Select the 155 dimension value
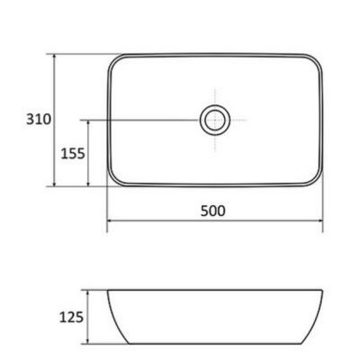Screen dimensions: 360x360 (x=72, y=153)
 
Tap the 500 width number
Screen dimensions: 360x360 (x=213, y=211)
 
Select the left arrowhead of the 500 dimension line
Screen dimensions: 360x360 (x=111, y=221)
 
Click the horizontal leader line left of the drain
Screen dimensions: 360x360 (x=144, y=119)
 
